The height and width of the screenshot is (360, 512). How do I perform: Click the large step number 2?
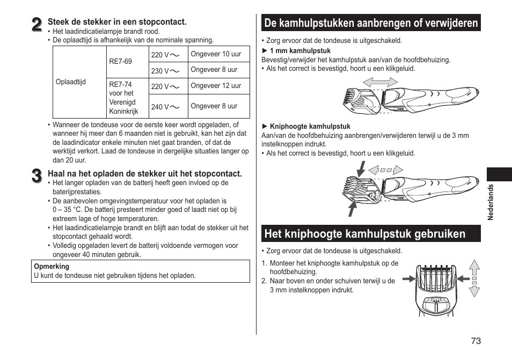[x=36, y=24]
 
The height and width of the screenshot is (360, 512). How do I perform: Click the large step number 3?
[x=36, y=175]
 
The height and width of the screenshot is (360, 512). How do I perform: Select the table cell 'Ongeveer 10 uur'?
[x=216, y=54]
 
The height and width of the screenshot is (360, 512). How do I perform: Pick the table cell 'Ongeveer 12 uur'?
[x=216, y=86]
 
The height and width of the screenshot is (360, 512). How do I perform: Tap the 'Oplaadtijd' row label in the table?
[x=71, y=82]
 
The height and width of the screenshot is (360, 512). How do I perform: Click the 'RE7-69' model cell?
[x=120, y=62]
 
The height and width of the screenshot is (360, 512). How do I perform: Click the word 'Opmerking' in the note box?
[x=52, y=266]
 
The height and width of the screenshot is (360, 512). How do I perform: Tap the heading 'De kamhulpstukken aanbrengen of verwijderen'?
[x=371, y=23]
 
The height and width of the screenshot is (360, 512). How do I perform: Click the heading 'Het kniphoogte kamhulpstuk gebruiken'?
[x=365, y=234]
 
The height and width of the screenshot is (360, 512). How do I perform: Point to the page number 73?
[x=476, y=341]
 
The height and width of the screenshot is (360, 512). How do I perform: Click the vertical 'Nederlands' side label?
[x=490, y=203]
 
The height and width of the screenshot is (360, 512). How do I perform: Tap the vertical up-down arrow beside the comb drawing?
[x=474, y=278]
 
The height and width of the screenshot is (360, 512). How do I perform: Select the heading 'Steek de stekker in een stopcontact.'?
[x=117, y=22]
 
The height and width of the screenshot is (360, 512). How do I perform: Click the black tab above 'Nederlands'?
[x=499, y=174]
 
